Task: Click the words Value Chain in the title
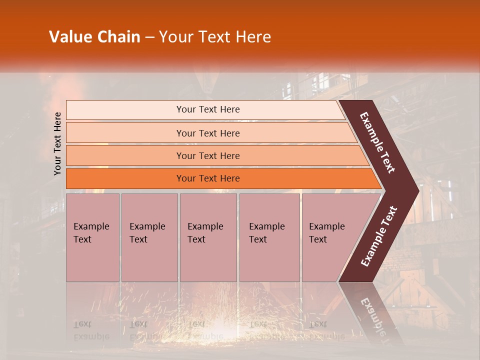coord(94,37)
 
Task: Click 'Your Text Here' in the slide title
coord(215,37)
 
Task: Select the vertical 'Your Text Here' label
coord(57,143)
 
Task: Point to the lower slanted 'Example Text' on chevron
coord(379,236)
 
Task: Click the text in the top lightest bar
coord(208,109)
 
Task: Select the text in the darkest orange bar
coord(208,178)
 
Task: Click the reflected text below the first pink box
coord(91,330)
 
